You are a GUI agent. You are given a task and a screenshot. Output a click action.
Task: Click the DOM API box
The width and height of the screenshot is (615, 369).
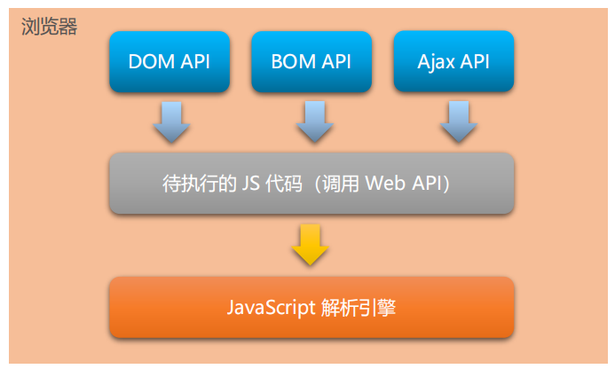[169, 62]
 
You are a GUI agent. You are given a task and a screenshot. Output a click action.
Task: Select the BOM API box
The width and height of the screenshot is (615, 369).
[311, 62]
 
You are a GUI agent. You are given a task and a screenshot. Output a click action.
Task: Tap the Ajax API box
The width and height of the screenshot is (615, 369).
[453, 62]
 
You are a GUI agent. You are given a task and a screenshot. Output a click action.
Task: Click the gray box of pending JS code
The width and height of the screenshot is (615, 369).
[311, 183]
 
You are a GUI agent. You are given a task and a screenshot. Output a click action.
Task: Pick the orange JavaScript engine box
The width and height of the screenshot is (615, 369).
[311, 307]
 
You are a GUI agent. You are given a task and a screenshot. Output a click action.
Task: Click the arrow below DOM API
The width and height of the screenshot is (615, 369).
[171, 122]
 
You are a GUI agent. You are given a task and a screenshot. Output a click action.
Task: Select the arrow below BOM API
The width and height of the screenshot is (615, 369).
[313, 122]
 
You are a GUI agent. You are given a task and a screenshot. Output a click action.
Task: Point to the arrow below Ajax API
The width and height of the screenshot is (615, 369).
[456, 122]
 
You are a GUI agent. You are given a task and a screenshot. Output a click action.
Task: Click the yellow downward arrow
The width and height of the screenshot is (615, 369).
[311, 245]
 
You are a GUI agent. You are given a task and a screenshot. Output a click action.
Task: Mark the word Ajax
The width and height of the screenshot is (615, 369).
[436, 62]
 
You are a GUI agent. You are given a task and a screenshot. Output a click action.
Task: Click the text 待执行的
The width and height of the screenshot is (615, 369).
[192, 184]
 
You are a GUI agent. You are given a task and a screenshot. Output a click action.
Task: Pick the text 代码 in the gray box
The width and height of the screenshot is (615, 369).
[271, 184]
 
